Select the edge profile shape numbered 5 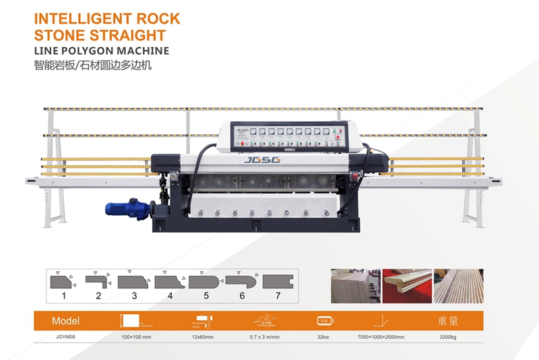(x=203, y=281)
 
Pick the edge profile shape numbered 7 (x=276, y=281)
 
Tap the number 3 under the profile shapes (x=134, y=295)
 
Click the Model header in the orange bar (x=65, y=320)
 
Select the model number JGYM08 (x=65, y=336)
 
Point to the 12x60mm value (x=201, y=336)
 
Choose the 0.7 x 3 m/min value (x=265, y=336)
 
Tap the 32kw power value (x=322, y=336)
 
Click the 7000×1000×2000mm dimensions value (x=381, y=336)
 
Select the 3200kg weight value (x=448, y=336)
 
